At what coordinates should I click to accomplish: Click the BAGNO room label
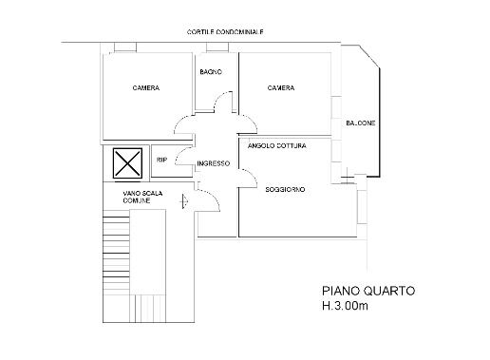[x=211, y=72]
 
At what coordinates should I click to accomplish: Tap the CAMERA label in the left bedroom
[x=146, y=87]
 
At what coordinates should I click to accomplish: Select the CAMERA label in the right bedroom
[x=281, y=87]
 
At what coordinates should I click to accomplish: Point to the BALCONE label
[x=361, y=123]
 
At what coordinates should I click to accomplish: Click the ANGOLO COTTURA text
[x=277, y=146]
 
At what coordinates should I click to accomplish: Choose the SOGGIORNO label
[x=285, y=189]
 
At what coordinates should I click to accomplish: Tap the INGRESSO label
[x=214, y=163]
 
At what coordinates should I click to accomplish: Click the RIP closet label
[x=161, y=161]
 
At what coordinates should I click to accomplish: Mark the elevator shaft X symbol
[x=127, y=163]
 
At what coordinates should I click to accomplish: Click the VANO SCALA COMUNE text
[x=142, y=197]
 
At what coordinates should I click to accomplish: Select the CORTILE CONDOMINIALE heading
[x=225, y=32]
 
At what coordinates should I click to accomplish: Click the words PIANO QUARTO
[x=368, y=291]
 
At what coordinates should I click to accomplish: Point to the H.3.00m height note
[x=345, y=306]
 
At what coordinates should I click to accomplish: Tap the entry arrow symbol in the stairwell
[x=184, y=201]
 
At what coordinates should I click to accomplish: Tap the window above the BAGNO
[x=217, y=47]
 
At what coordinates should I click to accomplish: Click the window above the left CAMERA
[x=125, y=47]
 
